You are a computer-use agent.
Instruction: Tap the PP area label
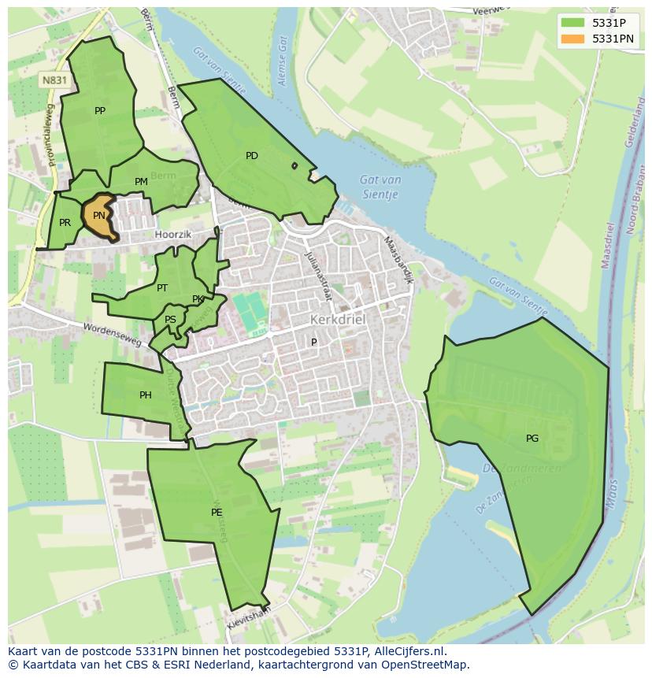[100, 111]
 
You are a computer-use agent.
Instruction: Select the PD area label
[252, 156]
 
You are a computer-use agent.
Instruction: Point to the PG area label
[532, 439]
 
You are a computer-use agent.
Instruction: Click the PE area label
[217, 513]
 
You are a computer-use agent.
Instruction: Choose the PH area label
[146, 395]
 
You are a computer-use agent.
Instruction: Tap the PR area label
[65, 223]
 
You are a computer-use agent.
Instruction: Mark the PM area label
[141, 182]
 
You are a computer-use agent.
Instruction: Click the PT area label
[162, 288]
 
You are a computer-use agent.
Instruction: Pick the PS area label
[171, 320]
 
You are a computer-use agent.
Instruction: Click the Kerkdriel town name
[339, 320]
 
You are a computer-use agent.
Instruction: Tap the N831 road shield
[54, 80]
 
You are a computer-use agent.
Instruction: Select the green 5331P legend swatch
[572, 23]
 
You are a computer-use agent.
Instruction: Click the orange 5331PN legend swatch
[572, 39]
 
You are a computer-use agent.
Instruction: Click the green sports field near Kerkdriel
[251, 313]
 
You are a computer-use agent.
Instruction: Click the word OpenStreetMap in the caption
[425, 665]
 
